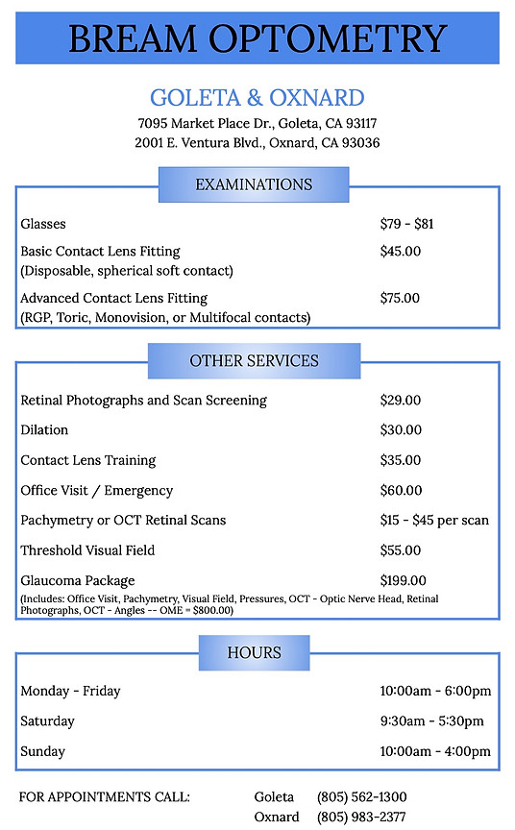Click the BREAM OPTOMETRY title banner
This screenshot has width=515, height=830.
[257, 38]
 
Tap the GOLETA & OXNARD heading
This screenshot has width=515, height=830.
[257, 97]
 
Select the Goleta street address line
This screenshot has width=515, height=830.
[257, 123]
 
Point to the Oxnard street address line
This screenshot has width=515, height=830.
[257, 142]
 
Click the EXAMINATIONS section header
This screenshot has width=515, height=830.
[254, 184]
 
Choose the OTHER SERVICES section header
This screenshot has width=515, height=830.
[254, 361]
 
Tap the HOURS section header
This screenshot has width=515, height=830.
[254, 652]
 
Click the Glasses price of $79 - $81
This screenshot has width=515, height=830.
[407, 224]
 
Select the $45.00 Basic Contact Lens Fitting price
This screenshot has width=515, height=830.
[401, 252]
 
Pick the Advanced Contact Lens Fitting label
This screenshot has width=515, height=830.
[114, 298]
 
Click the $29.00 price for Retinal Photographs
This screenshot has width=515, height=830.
[401, 400]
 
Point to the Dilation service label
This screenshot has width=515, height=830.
[44, 429]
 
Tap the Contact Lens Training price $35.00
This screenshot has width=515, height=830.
[401, 460]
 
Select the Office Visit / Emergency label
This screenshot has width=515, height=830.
[97, 490]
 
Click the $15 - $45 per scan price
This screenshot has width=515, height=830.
[434, 520]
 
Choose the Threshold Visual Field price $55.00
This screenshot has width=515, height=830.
[401, 550]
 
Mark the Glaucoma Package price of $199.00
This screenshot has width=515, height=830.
[404, 580]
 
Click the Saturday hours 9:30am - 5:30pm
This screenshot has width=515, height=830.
[432, 720]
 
